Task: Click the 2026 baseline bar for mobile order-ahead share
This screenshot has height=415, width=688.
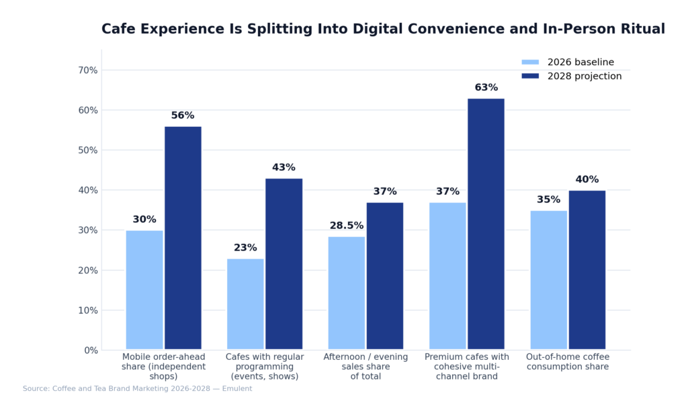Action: pyautogui.click(x=144, y=290)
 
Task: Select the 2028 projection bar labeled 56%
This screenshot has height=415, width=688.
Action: pyautogui.click(x=183, y=238)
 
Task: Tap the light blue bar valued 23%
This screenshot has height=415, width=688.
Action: pyautogui.click(x=245, y=304)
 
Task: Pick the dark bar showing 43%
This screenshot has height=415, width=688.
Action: pyautogui.click(x=284, y=264)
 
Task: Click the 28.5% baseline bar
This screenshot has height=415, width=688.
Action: pyautogui.click(x=347, y=293)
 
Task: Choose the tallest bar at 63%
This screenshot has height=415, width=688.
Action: pyautogui.click(x=486, y=224)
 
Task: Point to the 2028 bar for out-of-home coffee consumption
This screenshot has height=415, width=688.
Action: pyautogui.click(x=587, y=270)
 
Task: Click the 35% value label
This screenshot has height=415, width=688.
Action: pyautogui.click(x=548, y=200)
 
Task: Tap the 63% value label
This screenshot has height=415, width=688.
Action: pyautogui.click(x=486, y=88)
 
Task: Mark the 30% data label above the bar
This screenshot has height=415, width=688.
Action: pyautogui.click(x=144, y=220)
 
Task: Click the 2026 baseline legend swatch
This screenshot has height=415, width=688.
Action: pyautogui.click(x=530, y=62)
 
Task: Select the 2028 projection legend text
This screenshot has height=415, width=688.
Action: pyautogui.click(x=584, y=77)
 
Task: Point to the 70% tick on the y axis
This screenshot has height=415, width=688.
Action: pyautogui.click(x=88, y=71)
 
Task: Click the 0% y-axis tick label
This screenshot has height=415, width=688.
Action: pyautogui.click(x=91, y=351)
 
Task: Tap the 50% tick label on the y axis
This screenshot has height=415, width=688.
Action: pyautogui.click(x=88, y=150)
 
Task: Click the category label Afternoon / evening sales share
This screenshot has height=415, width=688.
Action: pyautogui.click(x=365, y=367)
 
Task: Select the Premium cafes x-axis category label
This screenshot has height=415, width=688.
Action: pyautogui.click(x=466, y=367)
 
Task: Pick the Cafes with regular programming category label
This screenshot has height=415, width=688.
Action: pyautogui.click(x=265, y=367)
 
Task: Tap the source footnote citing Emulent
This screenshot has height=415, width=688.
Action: pyautogui.click(x=137, y=389)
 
